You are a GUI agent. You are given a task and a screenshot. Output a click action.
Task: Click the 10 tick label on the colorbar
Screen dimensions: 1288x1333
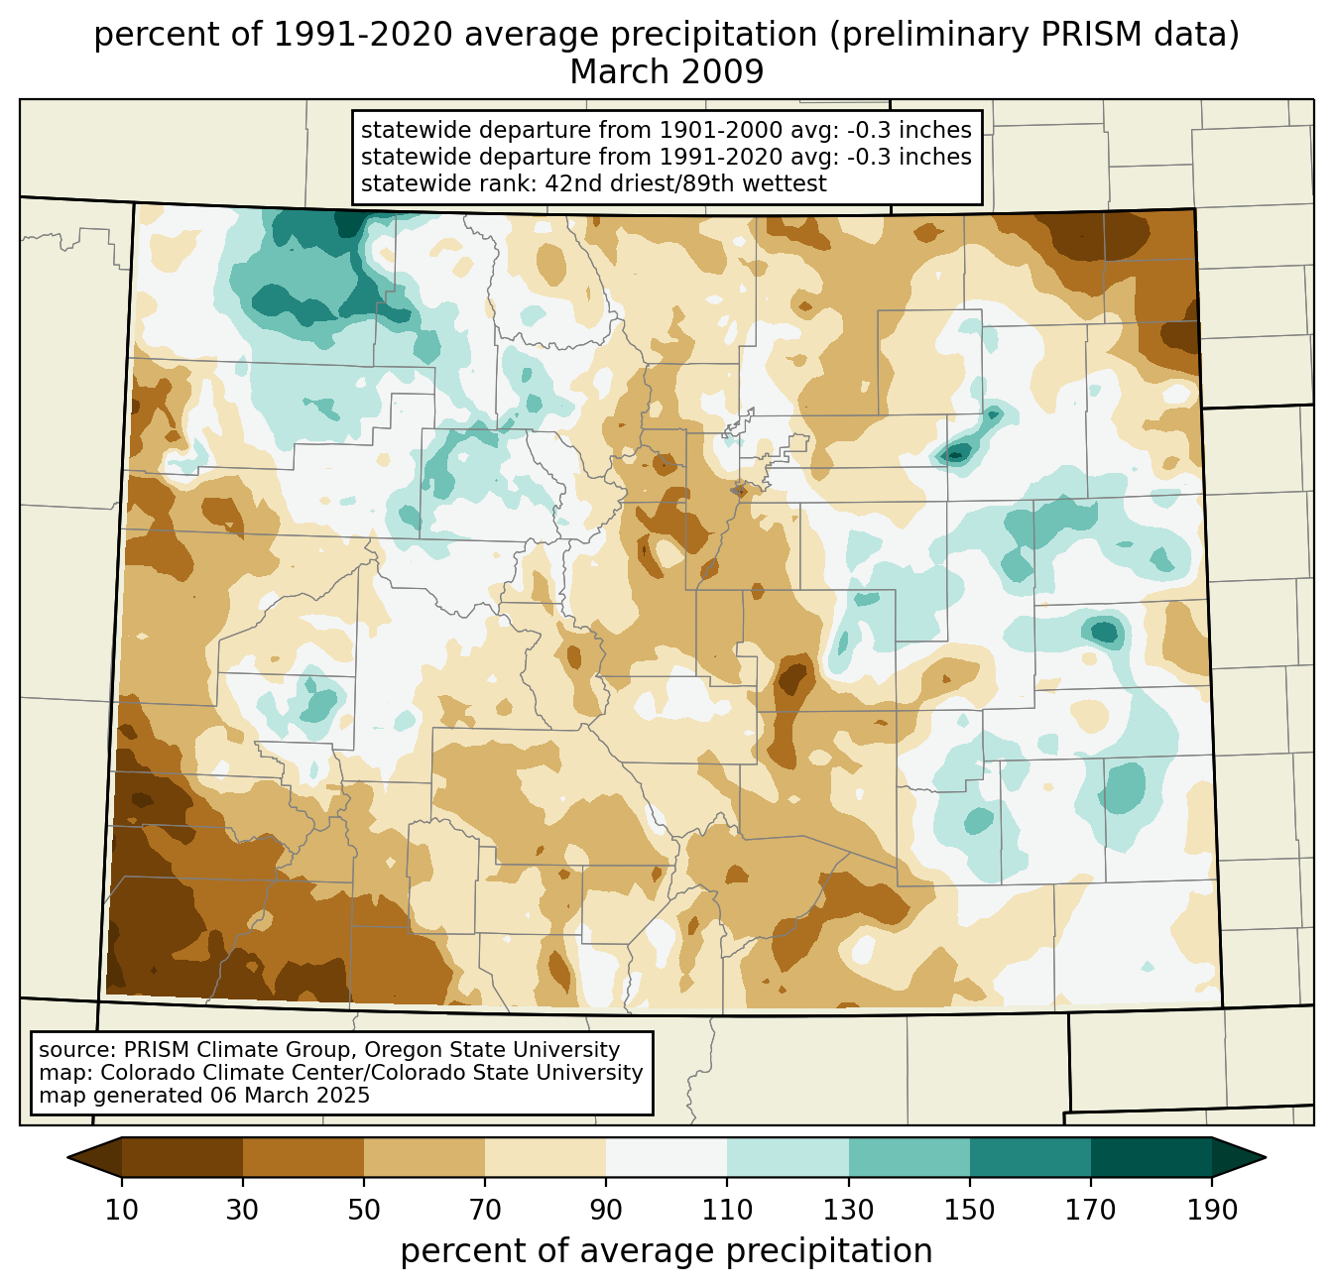[x=122, y=1210]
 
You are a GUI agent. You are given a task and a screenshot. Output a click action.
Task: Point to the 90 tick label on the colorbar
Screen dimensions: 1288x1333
[x=606, y=1210]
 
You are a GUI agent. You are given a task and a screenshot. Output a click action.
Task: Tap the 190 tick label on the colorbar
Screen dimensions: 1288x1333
[x=1212, y=1210]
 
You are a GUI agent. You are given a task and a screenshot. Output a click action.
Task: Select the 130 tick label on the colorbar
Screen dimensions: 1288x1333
[x=849, y=1210]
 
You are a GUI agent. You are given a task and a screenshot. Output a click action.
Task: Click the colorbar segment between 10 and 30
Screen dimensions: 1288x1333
[x=182, y=1157]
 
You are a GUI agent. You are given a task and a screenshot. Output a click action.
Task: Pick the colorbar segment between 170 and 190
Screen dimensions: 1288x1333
[x=1151, y=1157]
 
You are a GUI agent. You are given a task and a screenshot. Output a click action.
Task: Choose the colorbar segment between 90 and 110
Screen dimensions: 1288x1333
[x=666, y=1157]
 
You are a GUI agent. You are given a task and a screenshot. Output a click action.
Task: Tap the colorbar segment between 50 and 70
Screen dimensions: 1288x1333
[x=424, y=1157]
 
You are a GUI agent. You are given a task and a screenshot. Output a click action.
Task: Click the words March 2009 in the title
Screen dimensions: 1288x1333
[x=666, y=72]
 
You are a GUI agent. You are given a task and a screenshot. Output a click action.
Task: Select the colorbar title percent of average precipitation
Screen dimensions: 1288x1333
[x=666, y=1251]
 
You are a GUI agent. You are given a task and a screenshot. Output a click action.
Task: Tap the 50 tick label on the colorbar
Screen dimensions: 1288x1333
[x=364, y=1210]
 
